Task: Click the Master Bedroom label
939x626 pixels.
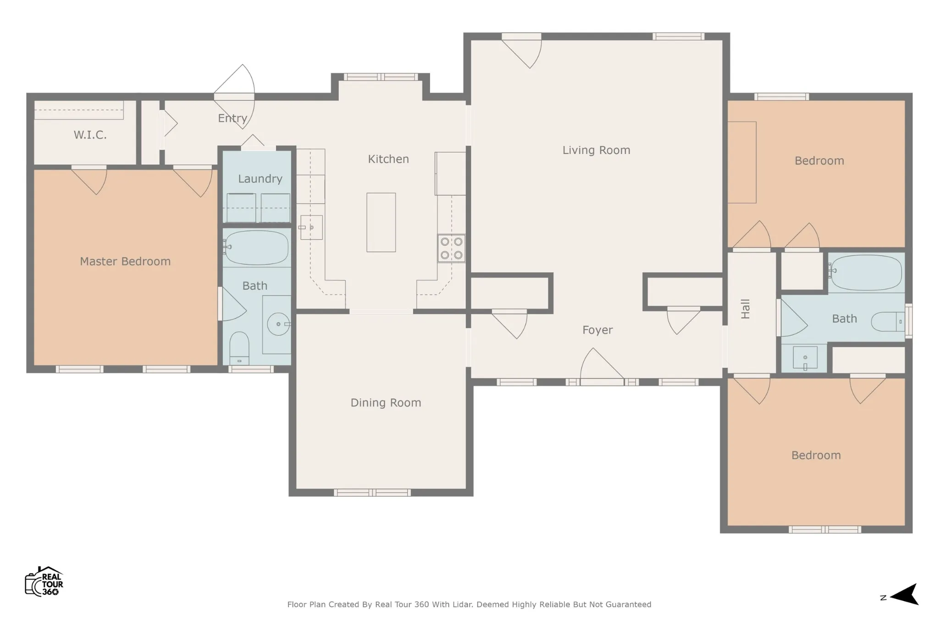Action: pos(125,261)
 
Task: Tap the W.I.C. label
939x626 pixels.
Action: pos(90,135)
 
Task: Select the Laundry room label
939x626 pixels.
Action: pos(260,179)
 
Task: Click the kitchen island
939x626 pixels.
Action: pos(381,222)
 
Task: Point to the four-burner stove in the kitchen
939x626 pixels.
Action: pos(451,248)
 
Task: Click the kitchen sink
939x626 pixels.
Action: pos(311,227)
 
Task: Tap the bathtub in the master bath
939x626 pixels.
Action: pos(256,247)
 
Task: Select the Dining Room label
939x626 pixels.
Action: pos(386,403)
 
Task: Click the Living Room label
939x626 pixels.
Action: pos(596,150)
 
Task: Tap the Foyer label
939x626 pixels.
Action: pos(597,330)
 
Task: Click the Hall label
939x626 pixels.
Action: pos(746,309)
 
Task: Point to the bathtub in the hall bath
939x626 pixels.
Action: pos(865,273)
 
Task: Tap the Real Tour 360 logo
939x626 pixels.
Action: pos(44,581)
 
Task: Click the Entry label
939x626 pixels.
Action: pos(232,118)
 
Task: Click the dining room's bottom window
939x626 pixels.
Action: pos(372,493)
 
